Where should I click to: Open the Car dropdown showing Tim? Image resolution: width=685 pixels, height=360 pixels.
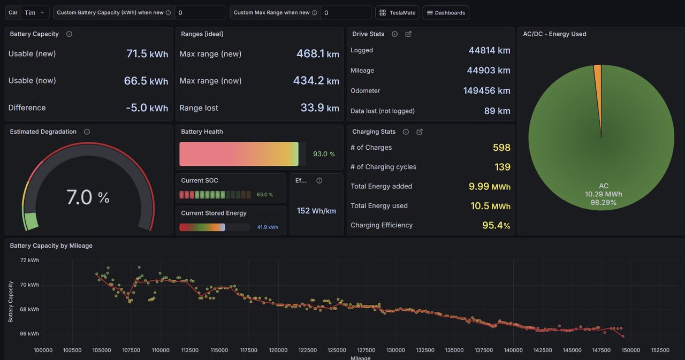tap(35, 12)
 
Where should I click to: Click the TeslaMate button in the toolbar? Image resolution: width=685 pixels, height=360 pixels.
tap(397, 12)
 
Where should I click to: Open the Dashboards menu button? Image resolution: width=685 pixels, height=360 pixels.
tap(446, 12)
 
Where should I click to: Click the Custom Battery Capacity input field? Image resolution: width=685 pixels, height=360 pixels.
tap(200, 12)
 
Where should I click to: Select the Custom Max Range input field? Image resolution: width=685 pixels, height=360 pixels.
tap(346, 12)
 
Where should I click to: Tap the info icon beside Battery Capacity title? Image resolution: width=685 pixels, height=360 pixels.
tap(69, 34)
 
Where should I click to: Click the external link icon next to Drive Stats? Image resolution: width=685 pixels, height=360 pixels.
tap(408, 34)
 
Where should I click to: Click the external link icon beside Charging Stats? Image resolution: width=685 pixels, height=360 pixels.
tap(419, 132)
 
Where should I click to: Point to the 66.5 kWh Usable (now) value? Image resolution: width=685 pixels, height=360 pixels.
tap(146, 81)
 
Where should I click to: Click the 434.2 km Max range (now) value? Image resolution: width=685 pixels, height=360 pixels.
tap(316, 81)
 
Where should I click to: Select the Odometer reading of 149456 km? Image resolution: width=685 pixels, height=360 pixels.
tap(486, 90)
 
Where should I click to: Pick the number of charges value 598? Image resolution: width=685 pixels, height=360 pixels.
tap(501, 147)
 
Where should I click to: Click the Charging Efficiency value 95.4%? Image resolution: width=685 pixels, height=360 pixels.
tap(496, 225)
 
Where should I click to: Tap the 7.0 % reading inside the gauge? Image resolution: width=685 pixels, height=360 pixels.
tap(88, 197)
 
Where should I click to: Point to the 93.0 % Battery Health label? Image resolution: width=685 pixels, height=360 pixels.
tap(324, 154)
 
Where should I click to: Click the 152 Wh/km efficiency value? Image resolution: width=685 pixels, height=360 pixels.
tap(316, 211)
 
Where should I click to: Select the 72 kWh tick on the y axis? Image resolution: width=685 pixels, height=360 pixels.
tap(29, 260)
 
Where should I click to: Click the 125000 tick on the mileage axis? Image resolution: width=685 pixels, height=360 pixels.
tap(337, 350)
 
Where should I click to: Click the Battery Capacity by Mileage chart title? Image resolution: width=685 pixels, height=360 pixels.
tap(51, 246)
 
